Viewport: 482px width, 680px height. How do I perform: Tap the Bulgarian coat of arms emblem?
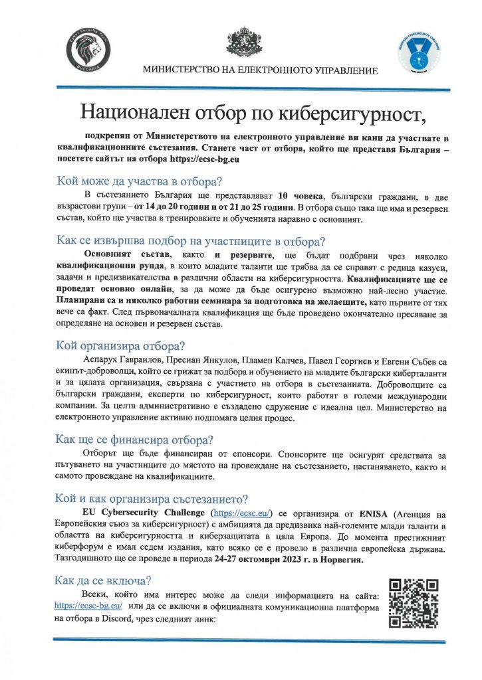point(241,39)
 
